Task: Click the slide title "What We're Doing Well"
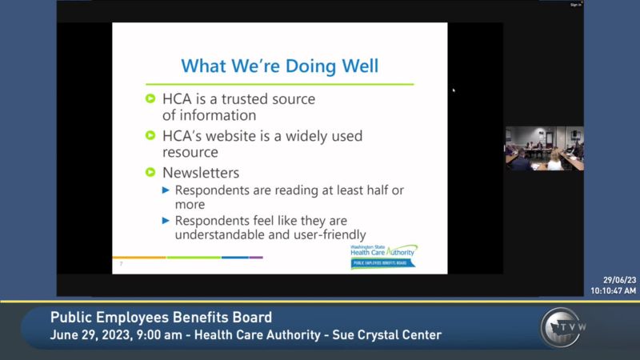click(279, 65)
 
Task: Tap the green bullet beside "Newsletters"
click(150, 172)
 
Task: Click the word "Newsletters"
click(201, 172)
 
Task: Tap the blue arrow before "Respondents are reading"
click(166, 190)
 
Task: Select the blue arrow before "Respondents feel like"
click(166, 220)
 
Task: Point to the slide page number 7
click(121, 262)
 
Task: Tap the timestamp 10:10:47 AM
click(614, 290)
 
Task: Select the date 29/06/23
click(620, 281)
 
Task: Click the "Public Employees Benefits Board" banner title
click(161, 317)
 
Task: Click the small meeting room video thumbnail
click(544, 148)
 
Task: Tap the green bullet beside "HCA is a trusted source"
click(150, 99)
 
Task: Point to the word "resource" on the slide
click(190, 151)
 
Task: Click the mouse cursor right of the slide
click(454, 90)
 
